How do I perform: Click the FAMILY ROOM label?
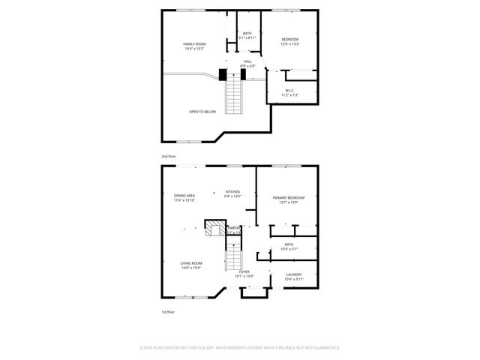pyautogui.click(x=194, y=44)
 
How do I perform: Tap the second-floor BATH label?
pyautogui.click(x=247, y=33)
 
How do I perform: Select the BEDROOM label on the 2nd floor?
pyautogui.click(x=290, y=39)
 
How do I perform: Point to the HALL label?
pyautogui.click(x=247, y=61)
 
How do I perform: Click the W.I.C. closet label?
pyautogui.click(x=289, y=91)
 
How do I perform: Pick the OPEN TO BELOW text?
pyautogui.click(x=202, y=111)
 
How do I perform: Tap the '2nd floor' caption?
pyautogui.click(x=168, y=156)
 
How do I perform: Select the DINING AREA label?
pyautogui.click(x=184, y=195)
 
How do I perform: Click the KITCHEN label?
pyautogui.click(x=232, y=191)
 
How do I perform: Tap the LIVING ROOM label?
pyautogui.click(x=190, y=263)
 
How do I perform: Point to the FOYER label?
pyautogui.click(x=244, y=271)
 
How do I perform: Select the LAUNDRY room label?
pyautogui.click(x=293, y=274)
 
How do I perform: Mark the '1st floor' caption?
pyautogui.click(x=168, y=311)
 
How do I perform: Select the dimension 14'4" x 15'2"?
pyautogui.click(x=194, y=49)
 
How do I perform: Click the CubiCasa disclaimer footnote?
pyautogui.click(x=240, y=348)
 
